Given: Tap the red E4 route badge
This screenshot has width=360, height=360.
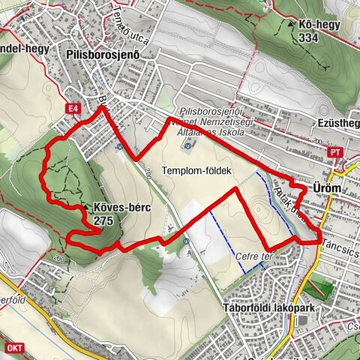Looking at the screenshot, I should tap(73, 109).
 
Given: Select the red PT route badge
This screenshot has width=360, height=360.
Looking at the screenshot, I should tap(336, 152).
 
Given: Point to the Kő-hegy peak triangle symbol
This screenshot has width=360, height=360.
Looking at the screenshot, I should tap(291, 23).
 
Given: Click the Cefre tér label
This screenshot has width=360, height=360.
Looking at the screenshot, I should tap(250, 256).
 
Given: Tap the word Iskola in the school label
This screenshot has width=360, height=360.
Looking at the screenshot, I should tap(230, 133).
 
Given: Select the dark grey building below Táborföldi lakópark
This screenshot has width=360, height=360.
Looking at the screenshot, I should tap(301, 321).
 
